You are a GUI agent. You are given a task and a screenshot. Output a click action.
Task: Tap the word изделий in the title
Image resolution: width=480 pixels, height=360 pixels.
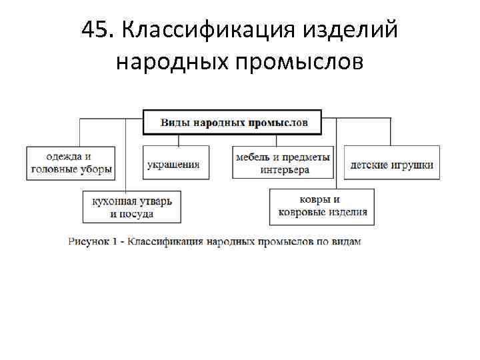pyautogui.click(x=350, y=30)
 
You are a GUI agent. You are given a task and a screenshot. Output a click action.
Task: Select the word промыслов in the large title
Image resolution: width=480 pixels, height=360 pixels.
pyautogui.click(x=299, y=62)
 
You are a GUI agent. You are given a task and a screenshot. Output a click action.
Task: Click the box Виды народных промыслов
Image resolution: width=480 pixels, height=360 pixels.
pyautogui.click(x=233, y=123)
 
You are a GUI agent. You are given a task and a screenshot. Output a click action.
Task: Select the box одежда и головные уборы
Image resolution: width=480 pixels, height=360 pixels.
pyautogui.click(x=71, y=163)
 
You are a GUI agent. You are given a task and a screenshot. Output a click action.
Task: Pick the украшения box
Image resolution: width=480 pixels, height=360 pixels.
pyautogui.click(x=176, y=162)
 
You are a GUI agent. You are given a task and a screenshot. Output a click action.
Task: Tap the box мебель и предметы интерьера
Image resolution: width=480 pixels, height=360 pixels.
pyautogui.click(x=283, y=162)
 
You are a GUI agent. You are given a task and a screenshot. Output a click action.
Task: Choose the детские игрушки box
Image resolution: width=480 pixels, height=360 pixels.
pyautogui.click(x=392, y=162)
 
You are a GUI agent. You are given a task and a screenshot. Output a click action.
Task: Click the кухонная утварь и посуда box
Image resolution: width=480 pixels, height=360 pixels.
pyautogui.click(x=132, y=207)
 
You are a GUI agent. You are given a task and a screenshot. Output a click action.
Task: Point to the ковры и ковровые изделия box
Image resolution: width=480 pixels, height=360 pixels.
pyautogui.click(x=322, y=207)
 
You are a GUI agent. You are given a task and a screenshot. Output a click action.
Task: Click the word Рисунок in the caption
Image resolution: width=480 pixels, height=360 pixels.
pyautogui.click(x=89, y=241)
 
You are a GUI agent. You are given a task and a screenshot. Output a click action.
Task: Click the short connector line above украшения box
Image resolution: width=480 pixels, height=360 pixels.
pyautogui.click(x=179, y=140)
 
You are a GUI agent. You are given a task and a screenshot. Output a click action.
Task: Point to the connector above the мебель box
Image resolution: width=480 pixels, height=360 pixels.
pyautogui.click(x=276, y=140)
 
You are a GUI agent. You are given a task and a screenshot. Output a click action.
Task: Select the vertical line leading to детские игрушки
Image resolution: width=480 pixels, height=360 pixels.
pyautogui.click(x=390, y=131)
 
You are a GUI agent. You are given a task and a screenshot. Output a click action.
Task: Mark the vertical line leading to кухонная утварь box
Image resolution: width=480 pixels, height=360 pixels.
pyautogui.click(x=126, y=155)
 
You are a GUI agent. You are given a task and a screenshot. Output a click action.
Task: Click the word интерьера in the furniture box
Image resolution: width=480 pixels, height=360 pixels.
pyautogui.click(x=285, y=170)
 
